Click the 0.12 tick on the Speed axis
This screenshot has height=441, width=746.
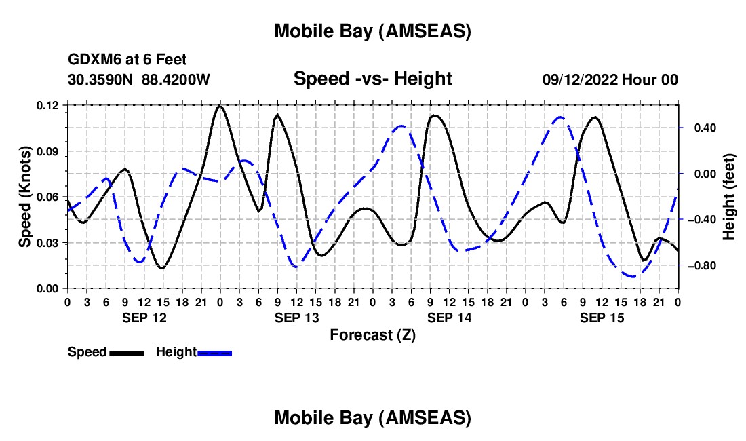point(49,105)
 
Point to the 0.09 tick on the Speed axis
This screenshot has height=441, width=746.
point(49,151)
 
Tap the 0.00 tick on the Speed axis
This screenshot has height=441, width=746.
point(49,288)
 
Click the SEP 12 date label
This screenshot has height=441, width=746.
point(143,318)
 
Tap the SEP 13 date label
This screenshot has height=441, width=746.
point(296,318)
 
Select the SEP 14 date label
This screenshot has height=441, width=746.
point(449,318)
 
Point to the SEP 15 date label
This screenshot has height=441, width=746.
point(602,318)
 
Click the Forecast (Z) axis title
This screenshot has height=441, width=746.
point(372,334)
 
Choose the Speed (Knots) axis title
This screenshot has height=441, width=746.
point(25,197)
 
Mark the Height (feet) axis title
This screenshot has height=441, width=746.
point(729,197)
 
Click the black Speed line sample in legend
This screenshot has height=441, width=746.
point(126,353)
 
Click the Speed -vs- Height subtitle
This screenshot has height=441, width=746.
point(372,79)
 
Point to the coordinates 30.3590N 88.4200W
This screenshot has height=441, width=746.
point(139,80)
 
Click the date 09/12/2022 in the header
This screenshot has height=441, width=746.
point(580,80)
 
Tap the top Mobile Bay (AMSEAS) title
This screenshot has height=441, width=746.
point(372,31)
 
